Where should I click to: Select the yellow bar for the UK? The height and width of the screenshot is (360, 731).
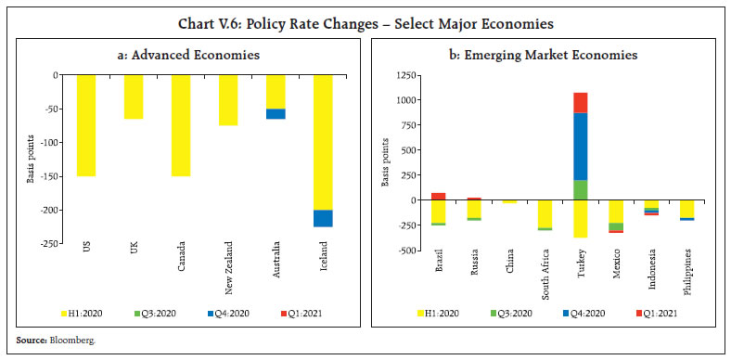tap(134, 96)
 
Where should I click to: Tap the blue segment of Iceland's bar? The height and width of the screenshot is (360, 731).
tap(323, 218)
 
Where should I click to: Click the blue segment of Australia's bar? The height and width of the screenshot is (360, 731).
tap(276, 113)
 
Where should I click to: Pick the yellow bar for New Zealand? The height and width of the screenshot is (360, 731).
tap(228, 99)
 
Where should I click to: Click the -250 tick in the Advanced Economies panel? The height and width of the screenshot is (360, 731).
tap(55, 243)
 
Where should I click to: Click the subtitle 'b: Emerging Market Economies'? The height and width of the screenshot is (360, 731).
tap(543, 56)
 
